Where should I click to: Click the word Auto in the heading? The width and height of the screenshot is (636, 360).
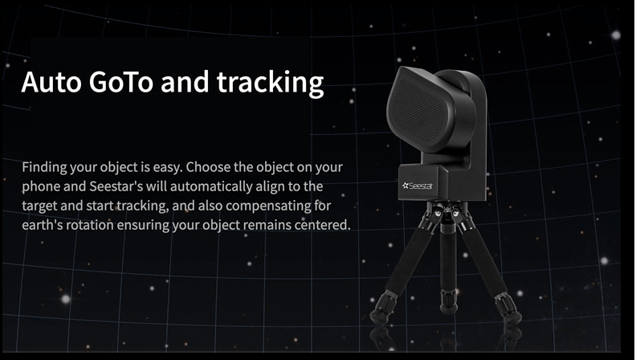click(x=51, y=82)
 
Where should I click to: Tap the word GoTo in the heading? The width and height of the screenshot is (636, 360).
click(x=121, y=82)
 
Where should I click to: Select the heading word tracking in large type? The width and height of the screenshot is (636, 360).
click(x=270, y=84)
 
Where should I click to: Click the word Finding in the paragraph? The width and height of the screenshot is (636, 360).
click(x=44, y=167)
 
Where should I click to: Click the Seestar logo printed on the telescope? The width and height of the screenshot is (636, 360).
click(x=418, y=186)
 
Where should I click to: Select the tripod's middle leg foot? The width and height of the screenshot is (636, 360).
click(x=449, y=303)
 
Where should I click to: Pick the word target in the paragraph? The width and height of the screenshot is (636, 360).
click(x=39, y=207)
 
